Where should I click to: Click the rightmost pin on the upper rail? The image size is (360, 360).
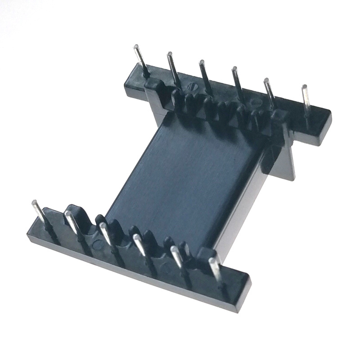(306, 99)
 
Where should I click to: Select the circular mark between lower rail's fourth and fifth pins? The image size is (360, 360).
(165, 269)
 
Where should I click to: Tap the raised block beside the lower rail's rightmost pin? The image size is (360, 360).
(205, 255)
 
